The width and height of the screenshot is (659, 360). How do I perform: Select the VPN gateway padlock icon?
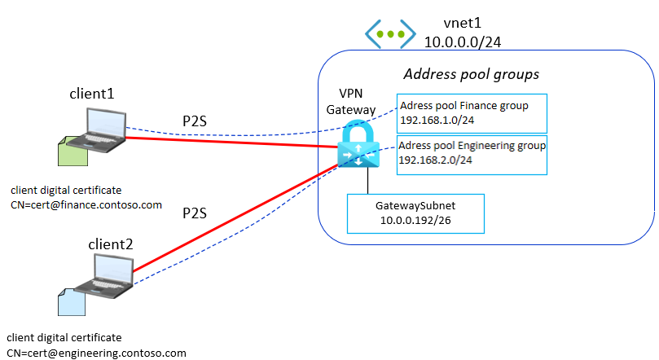(359, 146)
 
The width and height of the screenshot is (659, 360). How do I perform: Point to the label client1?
(92, 94)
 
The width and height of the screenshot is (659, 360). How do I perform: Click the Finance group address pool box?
(472, 112)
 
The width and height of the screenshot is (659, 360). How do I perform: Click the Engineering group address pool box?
(472, 155)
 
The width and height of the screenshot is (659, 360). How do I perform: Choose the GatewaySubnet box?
(415, 214)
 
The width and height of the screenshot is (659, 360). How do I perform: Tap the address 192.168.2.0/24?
(437, 161)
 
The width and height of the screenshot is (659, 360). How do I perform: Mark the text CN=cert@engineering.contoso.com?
(96, 353)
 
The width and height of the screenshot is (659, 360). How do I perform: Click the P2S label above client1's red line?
(195, 122)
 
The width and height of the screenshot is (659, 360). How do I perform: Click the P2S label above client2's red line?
(195, 213)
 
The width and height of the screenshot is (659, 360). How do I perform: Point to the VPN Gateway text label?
(358, 101)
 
